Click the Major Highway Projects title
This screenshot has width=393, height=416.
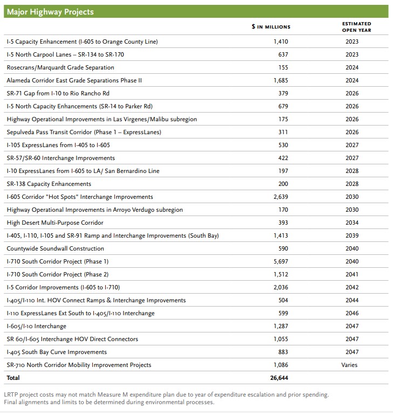[x=50, y=12]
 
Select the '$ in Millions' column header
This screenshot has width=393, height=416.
[x=270, y=27]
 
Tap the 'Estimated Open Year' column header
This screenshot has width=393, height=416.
[x=356, y=27]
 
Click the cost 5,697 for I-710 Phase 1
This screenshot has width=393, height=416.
[x=281, y=261]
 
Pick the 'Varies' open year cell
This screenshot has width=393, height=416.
[x=349, y=365]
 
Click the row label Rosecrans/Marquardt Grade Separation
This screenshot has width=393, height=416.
[x=60, y=67]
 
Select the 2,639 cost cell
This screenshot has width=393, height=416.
[x=281, y=197]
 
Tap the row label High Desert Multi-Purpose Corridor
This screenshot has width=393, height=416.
[x=55, y=223]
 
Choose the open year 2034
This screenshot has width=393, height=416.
[x=351, y=223]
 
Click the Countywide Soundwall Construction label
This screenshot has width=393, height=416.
[x=55, y=248]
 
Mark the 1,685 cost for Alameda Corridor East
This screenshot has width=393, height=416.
[x=281, y=80]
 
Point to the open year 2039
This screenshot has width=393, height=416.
[x=351, y=235]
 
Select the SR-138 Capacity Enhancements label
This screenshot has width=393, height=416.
[x=49, y=184]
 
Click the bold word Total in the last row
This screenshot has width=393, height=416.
[x=13, y=378]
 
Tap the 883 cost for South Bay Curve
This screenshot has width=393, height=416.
[x=282, y=352]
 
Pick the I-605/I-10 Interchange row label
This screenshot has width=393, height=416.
[x=37, y=326]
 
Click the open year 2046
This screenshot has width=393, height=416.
[x=351, y=313]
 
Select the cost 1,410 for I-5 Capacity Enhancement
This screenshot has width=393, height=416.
[x=281, y=41]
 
